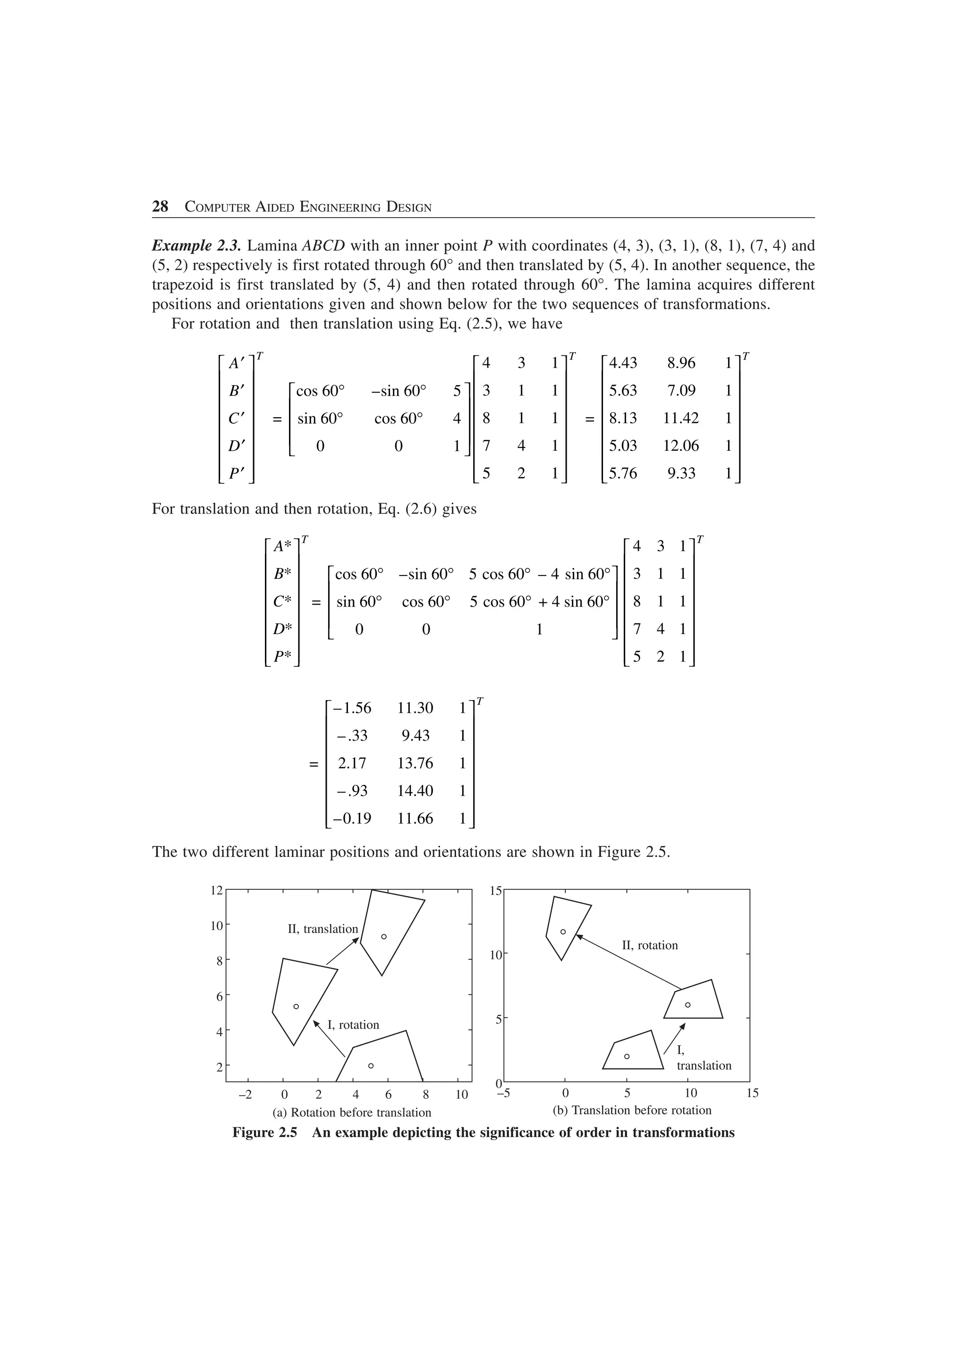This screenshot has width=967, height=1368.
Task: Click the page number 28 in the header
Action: coord(160,207)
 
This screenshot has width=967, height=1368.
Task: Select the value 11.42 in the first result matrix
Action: coord(680,418)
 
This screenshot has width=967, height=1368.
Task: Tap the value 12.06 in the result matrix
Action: coord(680,446)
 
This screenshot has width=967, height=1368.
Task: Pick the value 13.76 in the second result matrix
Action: coord(416,763)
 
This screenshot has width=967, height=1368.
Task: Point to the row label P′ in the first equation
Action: coord(237,473)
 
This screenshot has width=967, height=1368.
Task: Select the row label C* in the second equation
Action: coord(282,602)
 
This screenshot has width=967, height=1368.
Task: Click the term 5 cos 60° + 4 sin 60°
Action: coord(539,602)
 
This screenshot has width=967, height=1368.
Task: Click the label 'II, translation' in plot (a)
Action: coord(323,929)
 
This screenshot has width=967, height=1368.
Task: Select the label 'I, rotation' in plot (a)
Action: coord(353,1025)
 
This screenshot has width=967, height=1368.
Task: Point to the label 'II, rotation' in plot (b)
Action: coord(649,946)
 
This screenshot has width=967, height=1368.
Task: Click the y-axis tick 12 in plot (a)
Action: coord(216,891)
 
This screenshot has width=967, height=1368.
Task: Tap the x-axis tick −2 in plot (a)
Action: coord(245,1095)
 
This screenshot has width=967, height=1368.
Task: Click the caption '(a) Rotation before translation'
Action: coord(351,1113)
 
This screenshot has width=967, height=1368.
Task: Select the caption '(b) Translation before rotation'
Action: coord(632,1110)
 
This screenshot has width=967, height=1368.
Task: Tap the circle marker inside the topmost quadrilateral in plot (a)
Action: coord(384,937)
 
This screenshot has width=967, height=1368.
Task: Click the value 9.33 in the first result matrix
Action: coord(680,473)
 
